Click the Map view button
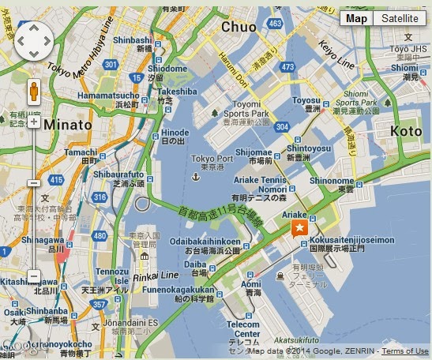coord(357,18)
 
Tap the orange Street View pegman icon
coord(34,92)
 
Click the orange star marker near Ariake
coord(300,228)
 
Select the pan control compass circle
coord(32,37)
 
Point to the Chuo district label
coord(239,27)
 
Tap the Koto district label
coord(406,131)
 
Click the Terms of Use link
coord(406,351)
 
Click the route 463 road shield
coord(275,24)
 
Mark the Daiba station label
coord(194,264)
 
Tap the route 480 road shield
coord(99,235)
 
